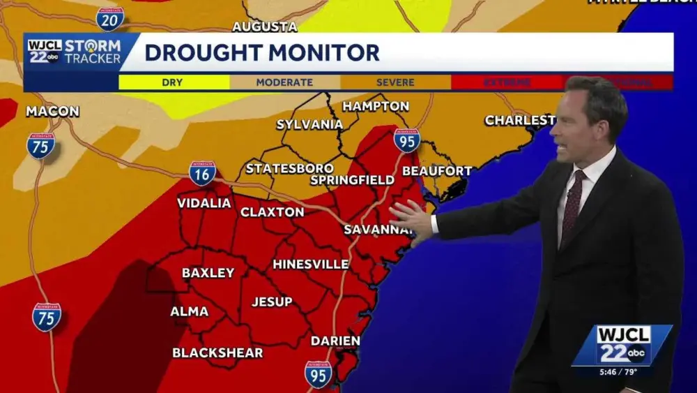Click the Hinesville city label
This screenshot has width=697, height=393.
click(x=311, y=264)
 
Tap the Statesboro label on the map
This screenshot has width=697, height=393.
click(x=289, y=168)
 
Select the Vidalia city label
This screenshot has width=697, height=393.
click(x=204, y=203)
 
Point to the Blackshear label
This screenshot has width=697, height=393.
click(x=217, y=353)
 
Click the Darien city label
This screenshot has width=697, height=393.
click(x=335, y=341)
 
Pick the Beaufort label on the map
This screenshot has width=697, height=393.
click(x=437, y=170)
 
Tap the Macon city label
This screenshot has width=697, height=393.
click(x=53, y=111)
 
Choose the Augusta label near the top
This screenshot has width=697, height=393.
click(x=264, y=27)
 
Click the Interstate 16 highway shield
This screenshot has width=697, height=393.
click(x=202, y=173)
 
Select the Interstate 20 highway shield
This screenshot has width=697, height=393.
click(x=109, y=19)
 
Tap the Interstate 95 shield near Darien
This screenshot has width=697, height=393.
click(x=318, y=374)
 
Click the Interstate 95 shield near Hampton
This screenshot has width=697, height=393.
click(x=406, y=141)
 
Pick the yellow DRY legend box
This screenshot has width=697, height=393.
click(x=173, y=82)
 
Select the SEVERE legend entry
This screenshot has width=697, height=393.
click(x=395, y=82)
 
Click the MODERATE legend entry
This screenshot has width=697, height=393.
click(x=284, y=82)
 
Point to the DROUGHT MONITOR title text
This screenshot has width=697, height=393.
click(x=262, y=52)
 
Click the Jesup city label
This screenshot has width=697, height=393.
click(x=272, y=302)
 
